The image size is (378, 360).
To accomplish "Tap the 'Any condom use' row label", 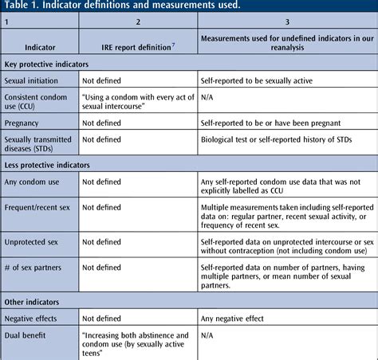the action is pos(33,182).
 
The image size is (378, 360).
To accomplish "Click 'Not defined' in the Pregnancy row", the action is pos(101,123).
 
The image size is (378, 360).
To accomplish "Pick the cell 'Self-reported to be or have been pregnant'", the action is pos(272,123).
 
